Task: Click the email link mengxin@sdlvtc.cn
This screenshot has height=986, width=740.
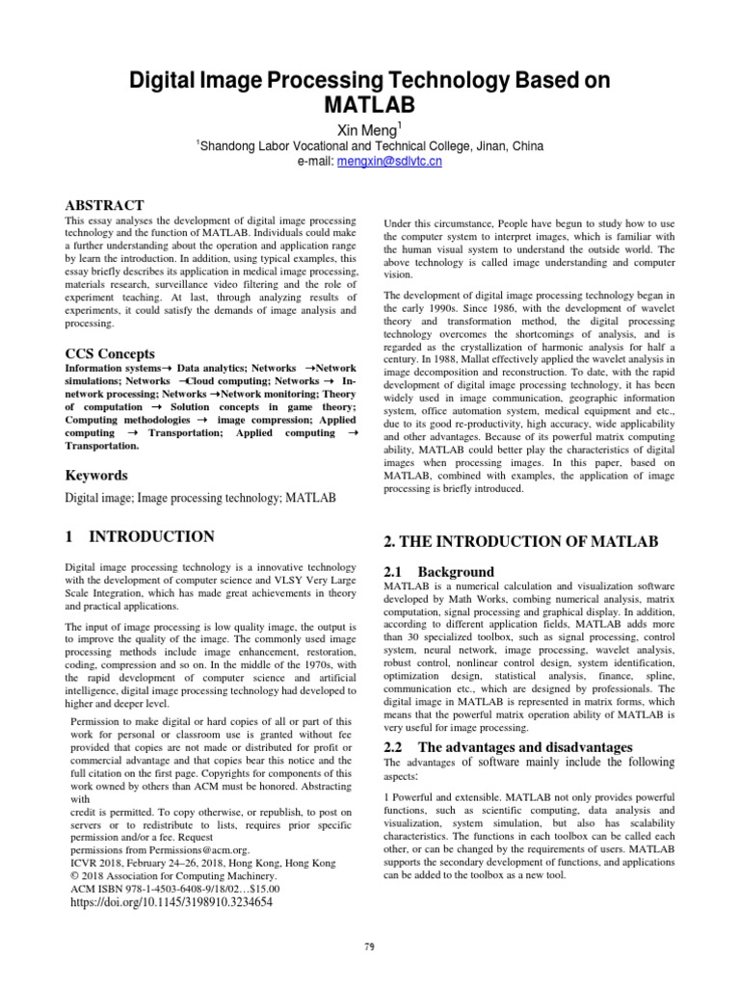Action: pyautogui.click(x=389, y=162)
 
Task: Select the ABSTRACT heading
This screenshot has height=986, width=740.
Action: pyautogui.click(x=104, y=205)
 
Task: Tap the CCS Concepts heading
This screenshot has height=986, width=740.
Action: pyautogui.click(x=110, y=353)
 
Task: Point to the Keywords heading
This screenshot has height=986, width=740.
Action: pyautogui.click(x=95, y=475)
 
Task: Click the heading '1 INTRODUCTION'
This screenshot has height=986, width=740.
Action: pyautogui.click(x=139, y=536)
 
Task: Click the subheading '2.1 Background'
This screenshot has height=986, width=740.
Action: pyautogui.click(x=439, y=571)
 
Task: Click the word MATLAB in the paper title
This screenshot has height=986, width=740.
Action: pyautogui.click(x=370, y=104)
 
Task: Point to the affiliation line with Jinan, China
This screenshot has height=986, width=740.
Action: pyautogui.click(x=370, y=145)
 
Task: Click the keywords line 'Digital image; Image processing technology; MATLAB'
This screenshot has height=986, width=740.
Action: pyautogui.click(x=199, y=498)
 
